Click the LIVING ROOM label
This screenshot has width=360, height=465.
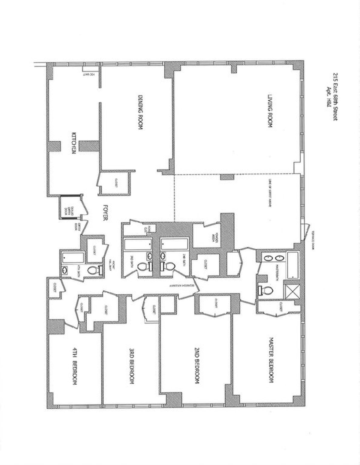coord(269,111)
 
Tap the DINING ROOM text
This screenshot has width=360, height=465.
coord(140,112)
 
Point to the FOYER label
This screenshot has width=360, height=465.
coord(105,213)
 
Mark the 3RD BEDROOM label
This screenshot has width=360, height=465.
coord(131,366)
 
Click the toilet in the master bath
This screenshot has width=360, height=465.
coord(267,290)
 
